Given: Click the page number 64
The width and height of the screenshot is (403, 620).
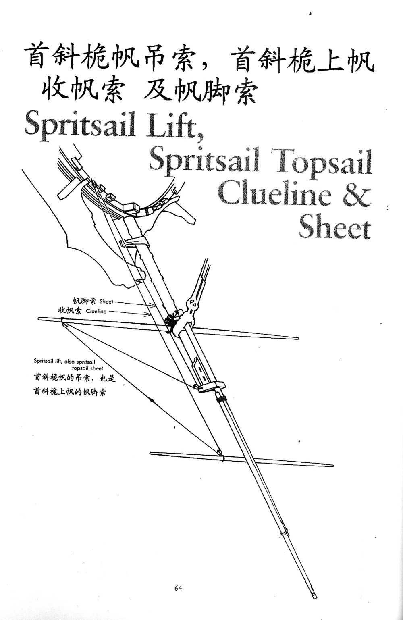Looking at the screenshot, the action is pos(178,588).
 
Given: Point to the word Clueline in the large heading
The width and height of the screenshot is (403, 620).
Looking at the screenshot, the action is pos(274,194).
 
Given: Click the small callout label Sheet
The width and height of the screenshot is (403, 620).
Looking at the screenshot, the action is pos(106,301).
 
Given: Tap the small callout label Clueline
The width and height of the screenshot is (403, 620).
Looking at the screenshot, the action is pos(96,311).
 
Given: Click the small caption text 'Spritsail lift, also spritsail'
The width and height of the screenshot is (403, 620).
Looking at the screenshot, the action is pos(64,362).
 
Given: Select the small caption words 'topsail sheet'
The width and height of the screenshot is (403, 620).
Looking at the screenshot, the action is pos(87,368).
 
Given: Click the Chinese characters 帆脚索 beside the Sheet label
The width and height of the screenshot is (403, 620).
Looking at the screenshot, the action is pos(85,301).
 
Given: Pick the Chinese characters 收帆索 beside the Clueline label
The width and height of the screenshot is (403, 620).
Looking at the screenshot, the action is pos(70,311).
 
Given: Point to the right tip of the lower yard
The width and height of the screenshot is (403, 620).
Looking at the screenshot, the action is pos(332,465).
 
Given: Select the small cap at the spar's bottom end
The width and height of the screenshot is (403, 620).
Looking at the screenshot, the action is pos(314,596).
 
